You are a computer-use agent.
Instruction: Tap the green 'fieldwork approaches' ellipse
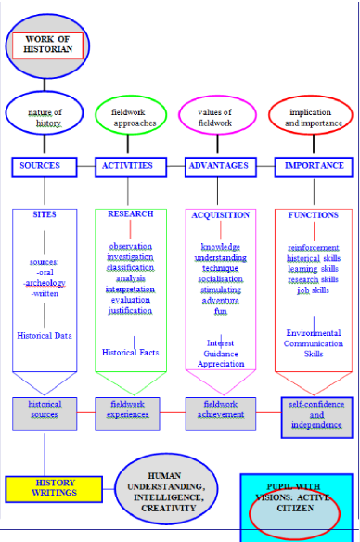click(131, 116)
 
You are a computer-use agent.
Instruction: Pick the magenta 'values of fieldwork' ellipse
click(218, 116)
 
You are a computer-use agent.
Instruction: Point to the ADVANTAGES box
click(218, 167)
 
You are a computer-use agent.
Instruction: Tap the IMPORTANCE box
click(314, 167)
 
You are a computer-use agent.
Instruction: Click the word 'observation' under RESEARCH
click(130, 246)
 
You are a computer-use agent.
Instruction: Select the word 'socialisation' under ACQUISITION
click(220, 278)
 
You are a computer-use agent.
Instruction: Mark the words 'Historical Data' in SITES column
click(45, 335)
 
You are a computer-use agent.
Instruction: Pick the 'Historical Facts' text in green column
click(131, 352)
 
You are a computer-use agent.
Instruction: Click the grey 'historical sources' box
click(45, 410)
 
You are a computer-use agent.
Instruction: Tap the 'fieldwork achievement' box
click(220, 410)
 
